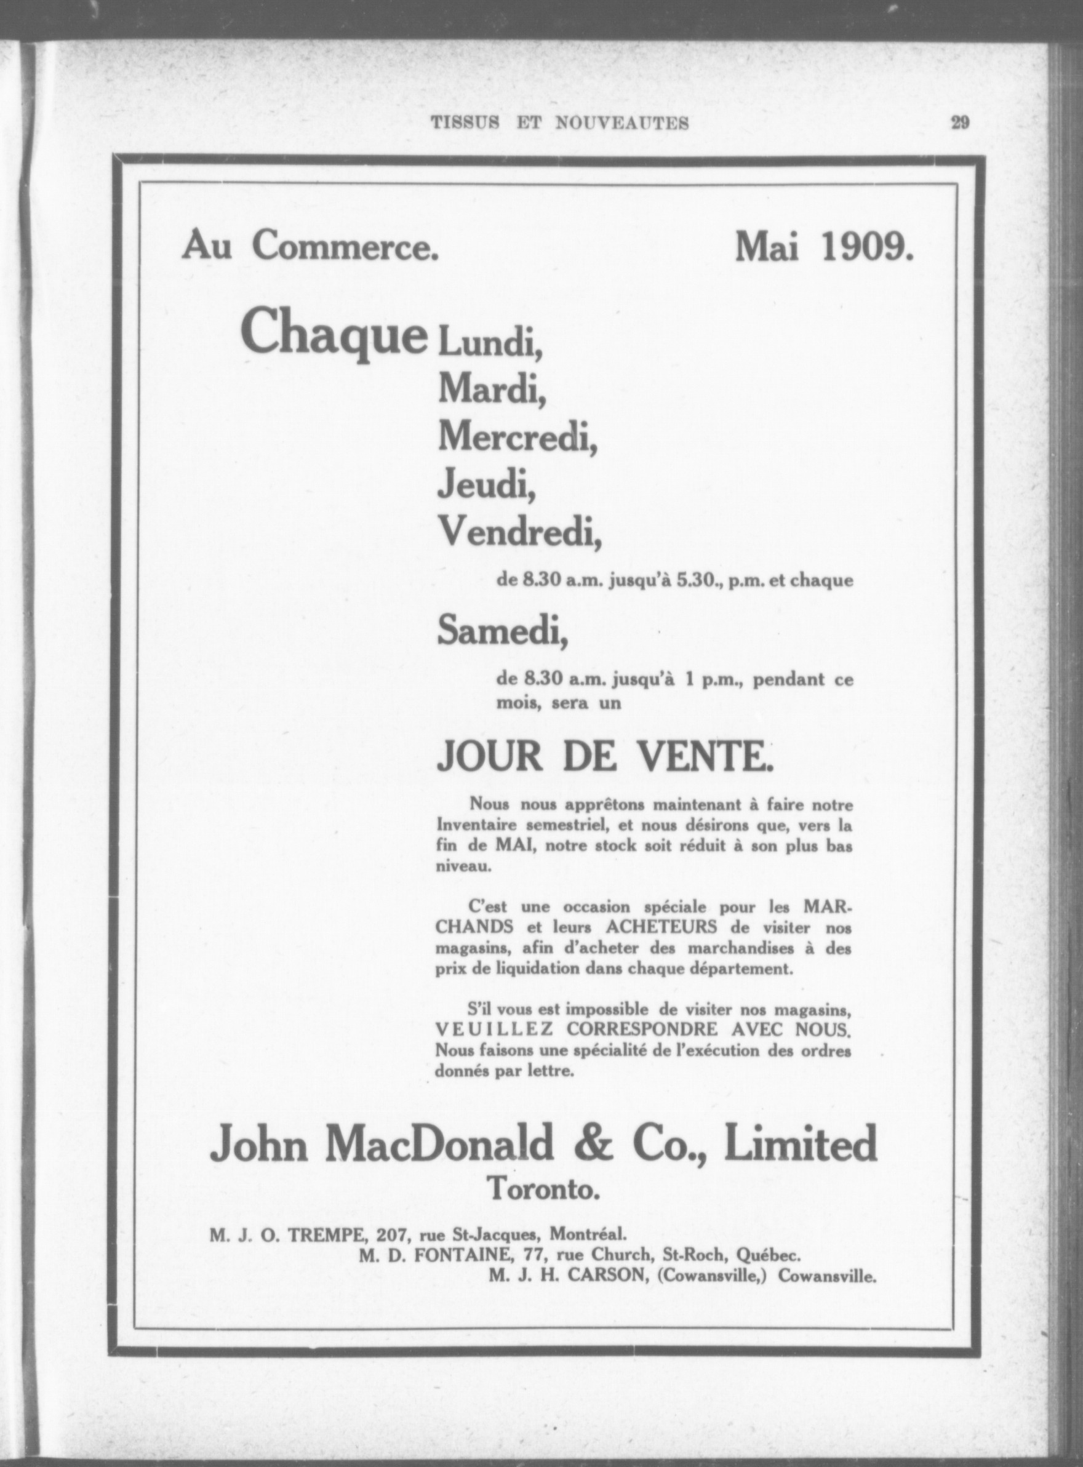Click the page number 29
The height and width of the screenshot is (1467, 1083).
[x=961, y=122]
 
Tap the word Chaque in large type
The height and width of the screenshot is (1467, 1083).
[x=334, y=333]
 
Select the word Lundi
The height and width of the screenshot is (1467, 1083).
[x=490, y=342]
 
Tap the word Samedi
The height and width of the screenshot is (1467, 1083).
[x=502, y=631]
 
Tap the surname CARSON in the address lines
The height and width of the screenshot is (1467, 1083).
[x=602, y=1276]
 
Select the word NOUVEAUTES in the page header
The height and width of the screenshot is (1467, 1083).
[x=621, y=123]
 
